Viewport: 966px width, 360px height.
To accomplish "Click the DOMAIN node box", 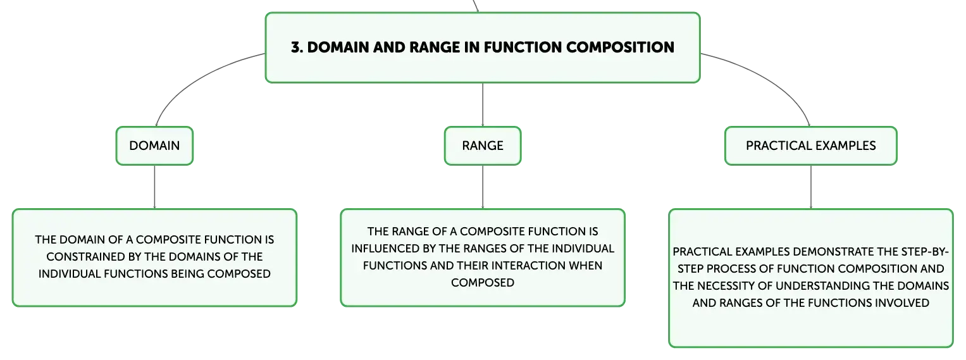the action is (x=154, y=146).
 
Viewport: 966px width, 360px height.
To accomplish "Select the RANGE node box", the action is (x=483, y=146).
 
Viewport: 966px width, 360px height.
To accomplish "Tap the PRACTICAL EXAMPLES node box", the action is (x=811, y=146).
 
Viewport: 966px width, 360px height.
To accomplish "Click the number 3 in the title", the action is (x=295, y=47).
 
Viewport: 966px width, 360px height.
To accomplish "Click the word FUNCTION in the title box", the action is (x=523, y=47).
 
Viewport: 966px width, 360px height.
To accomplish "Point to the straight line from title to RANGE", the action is (x=483, y=104).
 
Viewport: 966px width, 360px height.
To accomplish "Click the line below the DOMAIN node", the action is (x=154, y=187).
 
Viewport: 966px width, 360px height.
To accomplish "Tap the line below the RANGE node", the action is (x=483, y=187).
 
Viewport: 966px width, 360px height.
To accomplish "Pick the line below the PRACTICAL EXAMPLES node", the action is (x=811, y=187).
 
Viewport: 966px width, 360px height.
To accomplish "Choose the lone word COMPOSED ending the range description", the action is (x=483, y=283).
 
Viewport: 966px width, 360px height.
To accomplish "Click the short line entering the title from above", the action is (x=476, y=6).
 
